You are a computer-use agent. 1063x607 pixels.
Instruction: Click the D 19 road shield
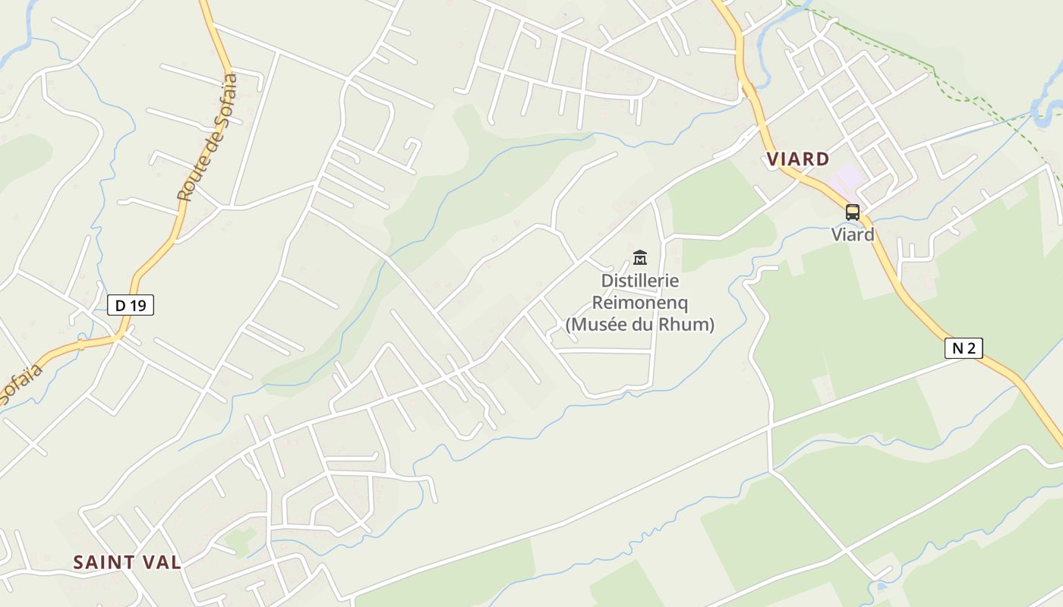coord(131,305)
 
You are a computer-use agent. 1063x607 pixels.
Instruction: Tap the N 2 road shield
coord(964,348)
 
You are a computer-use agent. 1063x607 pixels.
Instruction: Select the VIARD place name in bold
coord(797,159)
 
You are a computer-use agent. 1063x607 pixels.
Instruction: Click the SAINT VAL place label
coord(127,562)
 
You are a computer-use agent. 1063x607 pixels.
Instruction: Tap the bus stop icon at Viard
coord(853,212)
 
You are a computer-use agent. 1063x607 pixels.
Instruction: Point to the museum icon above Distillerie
coord(640,258)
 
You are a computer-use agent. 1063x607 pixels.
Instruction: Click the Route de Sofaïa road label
coord(207,137)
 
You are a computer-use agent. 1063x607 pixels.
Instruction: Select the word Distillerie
coord(640,281)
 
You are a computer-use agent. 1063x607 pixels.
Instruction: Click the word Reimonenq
coord(640,303)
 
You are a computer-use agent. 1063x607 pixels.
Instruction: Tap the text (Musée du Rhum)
coord(640,325)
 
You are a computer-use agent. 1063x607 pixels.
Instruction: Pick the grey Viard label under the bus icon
coord(853,234)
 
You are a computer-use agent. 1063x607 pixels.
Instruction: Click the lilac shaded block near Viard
coord(844,179)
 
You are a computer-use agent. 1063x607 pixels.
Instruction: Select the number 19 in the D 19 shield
coord(137,305)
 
